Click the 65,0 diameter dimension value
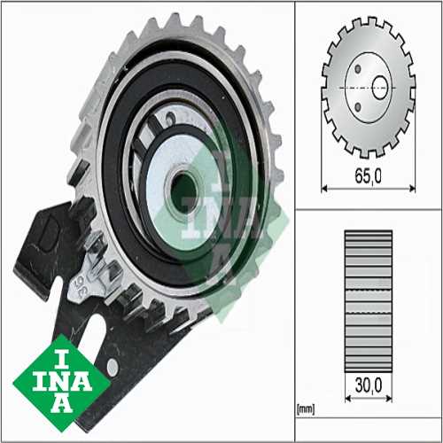(x=368, y=176)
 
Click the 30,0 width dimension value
(x=369, y=385)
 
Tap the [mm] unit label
(x=306, y=409)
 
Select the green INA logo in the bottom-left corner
(x=62, y=383)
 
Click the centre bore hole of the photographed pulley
(x=183, y=192)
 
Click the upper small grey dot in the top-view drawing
(x=358, y=69)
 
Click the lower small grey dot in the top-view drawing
(x=358, y=107)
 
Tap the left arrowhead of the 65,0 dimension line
(x=324, y=188)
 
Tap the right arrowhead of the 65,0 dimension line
(x=412, y=188)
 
